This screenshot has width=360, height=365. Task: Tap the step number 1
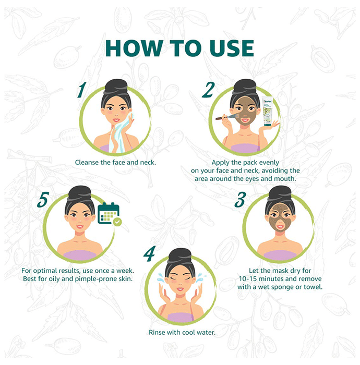click(x=82, y=90)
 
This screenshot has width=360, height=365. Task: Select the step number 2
click(x=208, y=90)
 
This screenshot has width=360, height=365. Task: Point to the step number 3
click(x=240, y=200)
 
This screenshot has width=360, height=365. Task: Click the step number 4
click(x=149, y=254)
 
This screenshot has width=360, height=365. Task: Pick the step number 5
click(x=43, y=200)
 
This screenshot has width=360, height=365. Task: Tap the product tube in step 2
click(x=267, y=111)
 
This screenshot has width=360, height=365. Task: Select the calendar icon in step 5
click(x=109, y=213)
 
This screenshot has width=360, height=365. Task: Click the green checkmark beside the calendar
click(x=117, y=222)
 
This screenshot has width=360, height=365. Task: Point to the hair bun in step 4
click(x=180, y=256)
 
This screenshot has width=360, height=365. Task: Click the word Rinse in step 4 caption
click(x=157, y=333)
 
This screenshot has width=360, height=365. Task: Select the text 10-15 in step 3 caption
click(x=248, y=279)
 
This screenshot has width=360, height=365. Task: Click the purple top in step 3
click(x=280, y=256)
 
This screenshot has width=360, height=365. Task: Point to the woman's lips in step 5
click(x=80, y=226)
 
